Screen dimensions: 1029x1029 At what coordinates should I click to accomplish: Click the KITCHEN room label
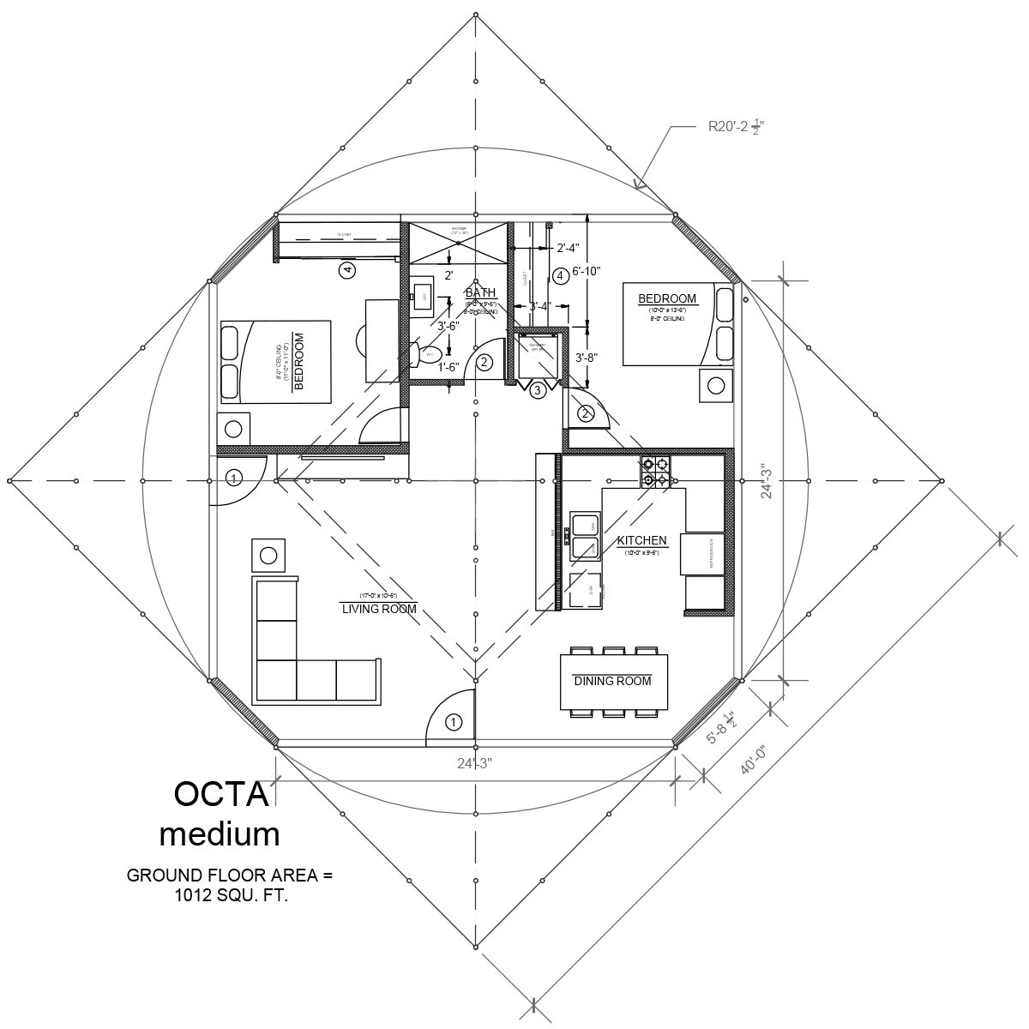click(641, 541)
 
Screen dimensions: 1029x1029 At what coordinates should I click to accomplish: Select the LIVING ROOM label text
click(379, 609)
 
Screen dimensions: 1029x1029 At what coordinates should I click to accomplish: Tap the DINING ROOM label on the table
click(612, 681)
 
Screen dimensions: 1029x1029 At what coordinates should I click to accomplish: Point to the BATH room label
click(480, 293)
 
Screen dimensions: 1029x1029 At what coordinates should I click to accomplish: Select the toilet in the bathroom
click(428, 353)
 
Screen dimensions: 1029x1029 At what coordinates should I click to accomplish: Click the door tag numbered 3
click(538, 391)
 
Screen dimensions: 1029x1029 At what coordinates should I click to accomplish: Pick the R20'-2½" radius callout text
click(736, 127)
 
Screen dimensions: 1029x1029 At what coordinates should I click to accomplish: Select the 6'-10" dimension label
click(587, 271)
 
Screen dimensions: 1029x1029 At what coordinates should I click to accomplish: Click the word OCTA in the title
click(221, 794)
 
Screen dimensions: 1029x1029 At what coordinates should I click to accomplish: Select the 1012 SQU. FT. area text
click(229, 896)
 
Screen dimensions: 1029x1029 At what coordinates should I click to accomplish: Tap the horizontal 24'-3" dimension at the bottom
click(474, 762)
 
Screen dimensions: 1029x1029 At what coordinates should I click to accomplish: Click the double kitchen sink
click(586, 536)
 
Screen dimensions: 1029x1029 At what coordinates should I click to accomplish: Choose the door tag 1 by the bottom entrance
click(454, 723)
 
